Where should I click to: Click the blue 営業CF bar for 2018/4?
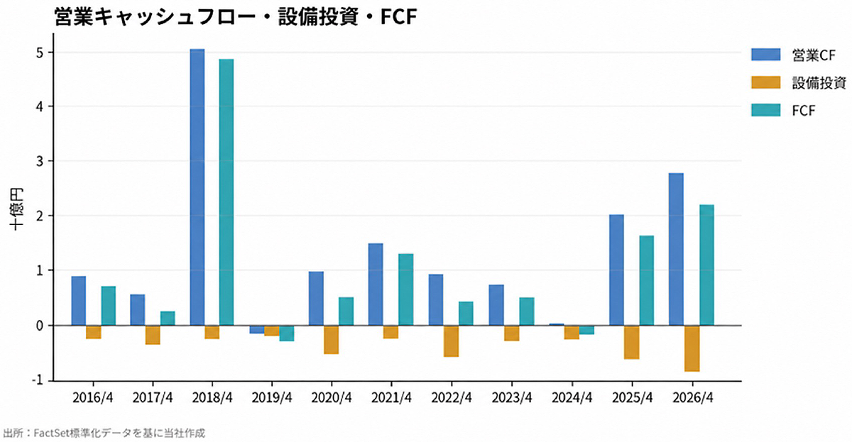click(x=197, y=187)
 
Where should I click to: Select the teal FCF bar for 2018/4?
click(x=226, y=192)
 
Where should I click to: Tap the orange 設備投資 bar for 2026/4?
click(x=692, y=348)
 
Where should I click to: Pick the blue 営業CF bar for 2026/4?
click(x=676, y=249)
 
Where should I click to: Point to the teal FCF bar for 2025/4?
click(x=647, y=280)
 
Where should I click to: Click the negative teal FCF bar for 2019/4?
click(x=287, y=333)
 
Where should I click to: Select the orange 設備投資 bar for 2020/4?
click(x=332, y=340)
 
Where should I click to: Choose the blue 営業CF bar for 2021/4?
click(x=376, y=284)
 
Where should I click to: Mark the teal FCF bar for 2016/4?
click(x=109, y=306)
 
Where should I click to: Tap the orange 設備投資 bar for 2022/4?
click(x=451, y=341)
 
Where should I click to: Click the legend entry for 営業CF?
click(x=793, y=55)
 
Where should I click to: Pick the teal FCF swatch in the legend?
click(x=765, y=110)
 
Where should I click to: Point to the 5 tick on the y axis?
click(x=40, y=53)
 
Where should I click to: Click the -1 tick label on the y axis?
click(x=38, y=380)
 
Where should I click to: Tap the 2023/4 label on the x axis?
click(x=512, y=397)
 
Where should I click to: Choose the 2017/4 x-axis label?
click(x=153, y=397)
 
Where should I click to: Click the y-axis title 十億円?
click(x=16, y=209)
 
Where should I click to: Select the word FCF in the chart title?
click(x=398, y=17)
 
